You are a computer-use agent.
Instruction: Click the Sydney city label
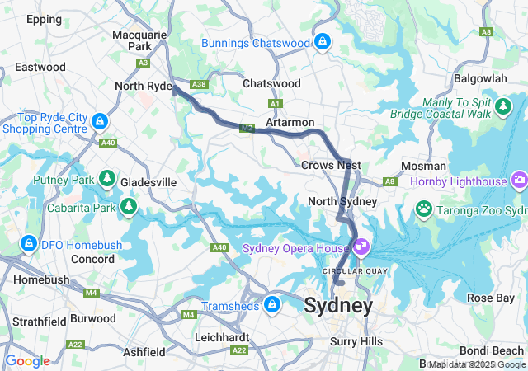[338, 305]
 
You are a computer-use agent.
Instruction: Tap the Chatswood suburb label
[271, 83]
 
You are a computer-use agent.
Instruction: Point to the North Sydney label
[342, 201]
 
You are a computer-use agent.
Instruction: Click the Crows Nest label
[328, 165]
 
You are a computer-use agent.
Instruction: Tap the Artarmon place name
[290, 121]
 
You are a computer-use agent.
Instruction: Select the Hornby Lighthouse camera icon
[519, 179]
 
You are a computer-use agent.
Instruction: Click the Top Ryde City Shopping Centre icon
[100, 122]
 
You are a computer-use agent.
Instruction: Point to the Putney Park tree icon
[106, 178]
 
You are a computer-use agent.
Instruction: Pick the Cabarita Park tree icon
[129, 205]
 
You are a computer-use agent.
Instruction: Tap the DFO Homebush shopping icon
[29, 243]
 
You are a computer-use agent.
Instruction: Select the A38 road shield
[198, 84]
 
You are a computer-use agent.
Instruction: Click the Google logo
[27, 361]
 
